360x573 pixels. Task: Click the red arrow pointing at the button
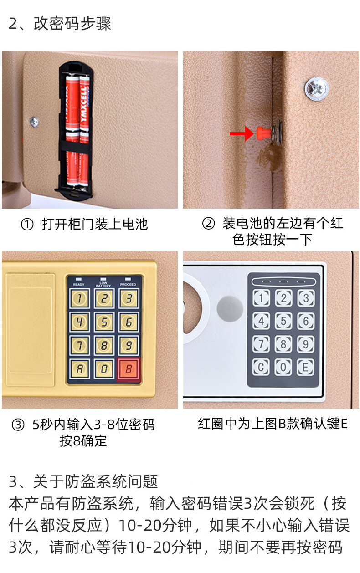(242, 133)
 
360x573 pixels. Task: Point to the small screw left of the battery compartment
(34, 122)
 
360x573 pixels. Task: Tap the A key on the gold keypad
(80, 368)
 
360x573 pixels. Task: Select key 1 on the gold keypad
(80, 298)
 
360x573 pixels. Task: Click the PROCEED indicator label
(128, 284)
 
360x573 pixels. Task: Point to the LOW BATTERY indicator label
(103, 284)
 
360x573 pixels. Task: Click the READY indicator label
(78, 285)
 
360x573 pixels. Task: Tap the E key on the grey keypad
(305, 367)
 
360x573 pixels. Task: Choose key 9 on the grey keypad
(305, 344)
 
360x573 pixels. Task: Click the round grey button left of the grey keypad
(230, 309)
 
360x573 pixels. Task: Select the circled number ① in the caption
(27, 225)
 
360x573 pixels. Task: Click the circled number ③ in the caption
(18, 425)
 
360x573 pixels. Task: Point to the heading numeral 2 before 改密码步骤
(13, 24)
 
